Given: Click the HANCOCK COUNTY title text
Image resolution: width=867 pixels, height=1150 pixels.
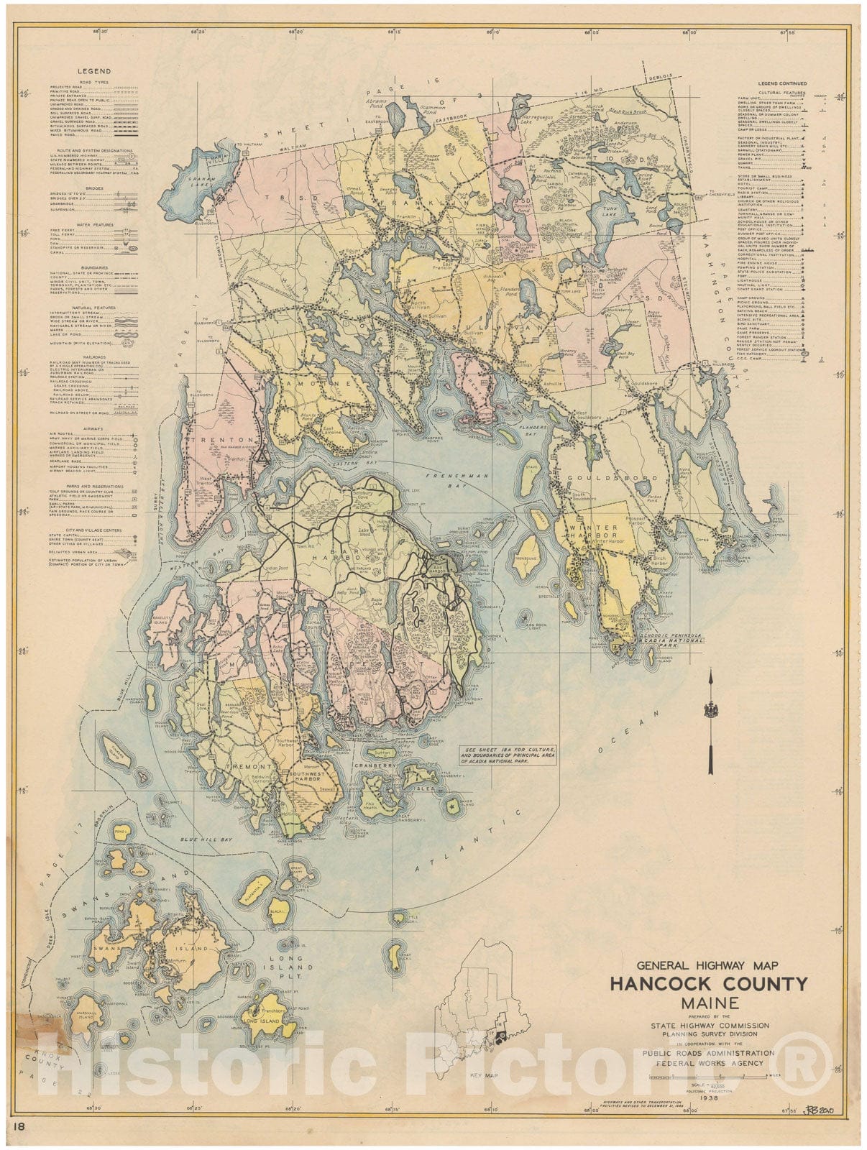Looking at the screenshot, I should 709,983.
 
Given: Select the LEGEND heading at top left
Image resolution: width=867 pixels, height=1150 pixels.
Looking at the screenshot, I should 94,71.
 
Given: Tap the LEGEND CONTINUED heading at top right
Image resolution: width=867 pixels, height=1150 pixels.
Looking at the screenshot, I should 782,84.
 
